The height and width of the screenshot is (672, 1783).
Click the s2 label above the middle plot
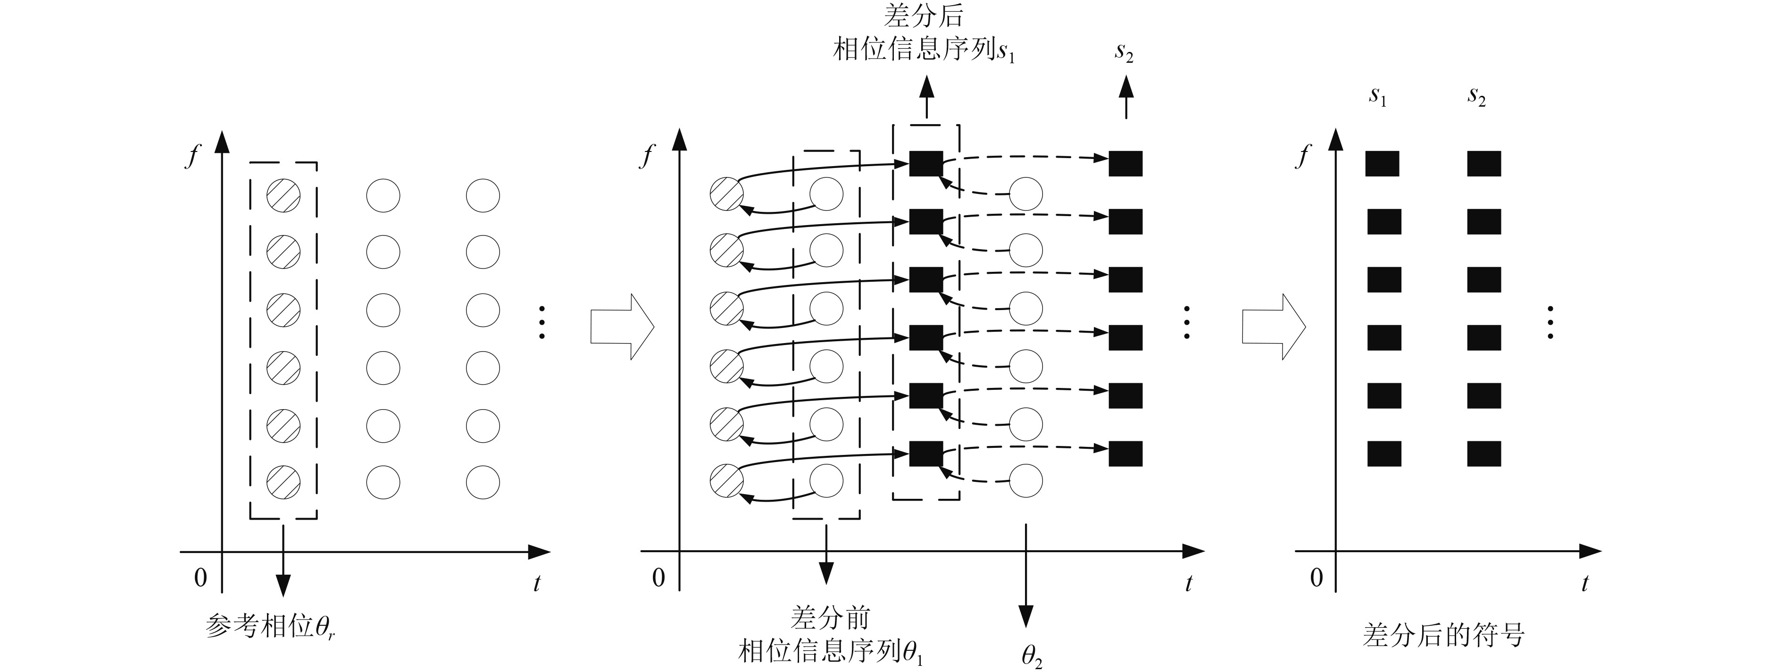1124,52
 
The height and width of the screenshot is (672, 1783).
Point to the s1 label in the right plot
1377,96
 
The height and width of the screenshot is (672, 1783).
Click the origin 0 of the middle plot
658,577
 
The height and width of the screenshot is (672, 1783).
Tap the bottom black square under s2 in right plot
1484,454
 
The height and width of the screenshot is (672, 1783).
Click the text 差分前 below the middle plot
830,617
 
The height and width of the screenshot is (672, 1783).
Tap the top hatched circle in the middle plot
727,193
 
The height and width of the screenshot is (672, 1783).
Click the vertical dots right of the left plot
542,322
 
